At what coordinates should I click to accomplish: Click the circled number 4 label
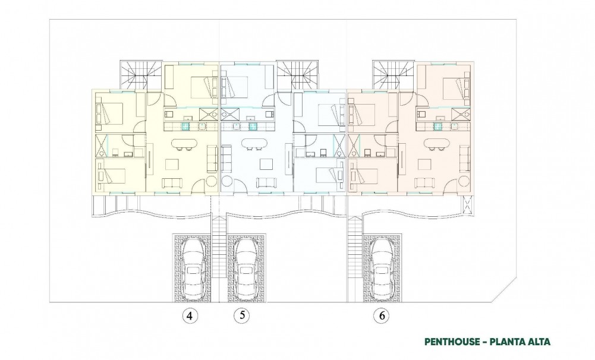[189, 316]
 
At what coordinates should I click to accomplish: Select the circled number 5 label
[241, 316]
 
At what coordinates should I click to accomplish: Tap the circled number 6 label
[381, 316]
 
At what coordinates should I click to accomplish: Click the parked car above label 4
[193, 268]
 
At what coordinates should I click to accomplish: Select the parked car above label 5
[245, 268]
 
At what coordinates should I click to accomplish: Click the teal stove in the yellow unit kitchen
[186, 126]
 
